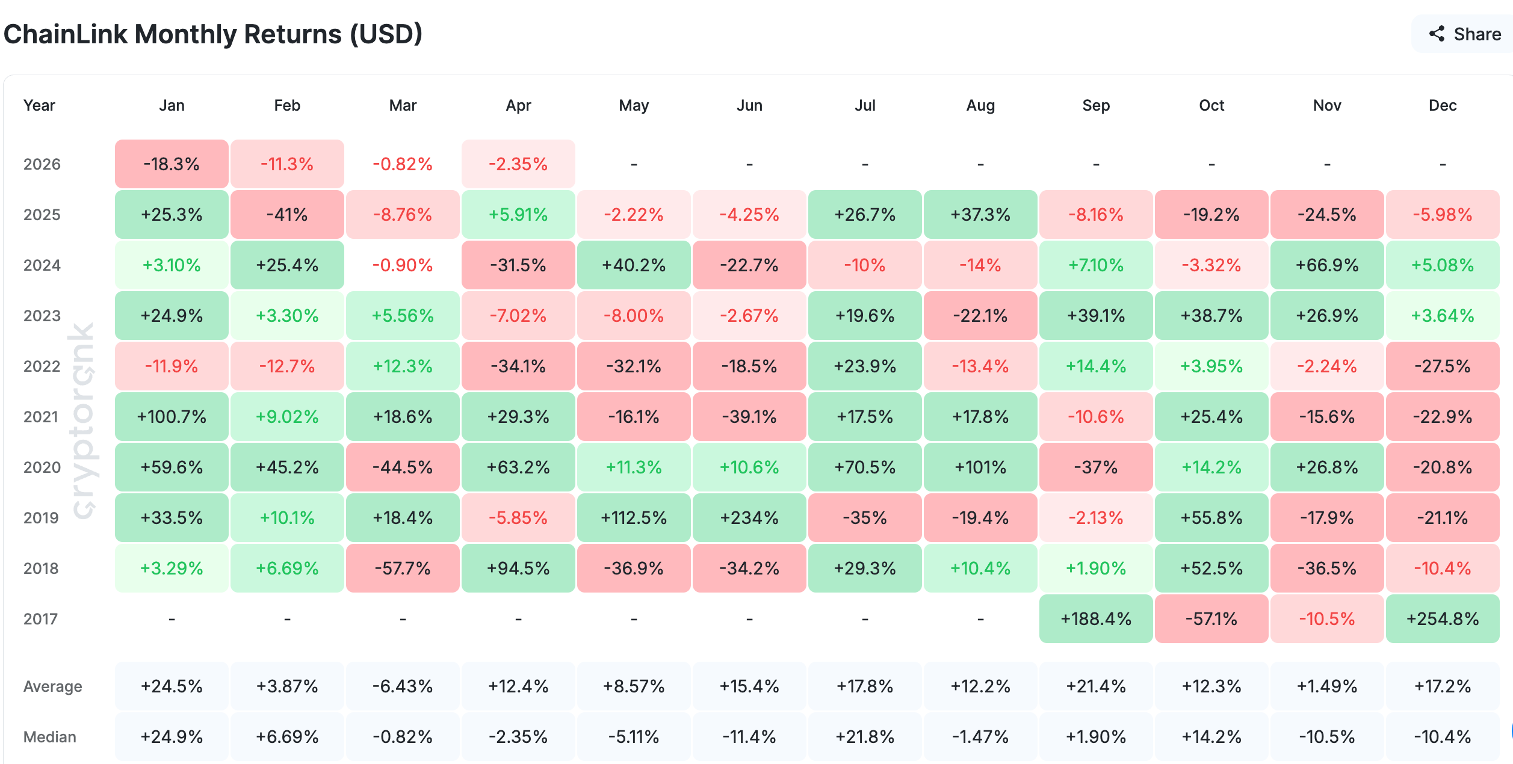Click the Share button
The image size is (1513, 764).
[1465, 34]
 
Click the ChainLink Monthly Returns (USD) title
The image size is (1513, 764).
[213, 34]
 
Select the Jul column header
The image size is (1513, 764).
[865, 105]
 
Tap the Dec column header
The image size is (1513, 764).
[1443, 105]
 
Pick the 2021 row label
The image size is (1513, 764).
[41, 417]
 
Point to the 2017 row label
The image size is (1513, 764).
[41, 619]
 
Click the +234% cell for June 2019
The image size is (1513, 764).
[749, 518]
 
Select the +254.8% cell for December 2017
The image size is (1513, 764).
[1443, 619]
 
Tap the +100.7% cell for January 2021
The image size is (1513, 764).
[172, 417]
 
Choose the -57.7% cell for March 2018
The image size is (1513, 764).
[403, 568]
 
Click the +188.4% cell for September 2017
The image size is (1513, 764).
[1096, 619]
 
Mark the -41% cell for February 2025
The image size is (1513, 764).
[287, 215]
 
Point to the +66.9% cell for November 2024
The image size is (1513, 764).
[1327, 265]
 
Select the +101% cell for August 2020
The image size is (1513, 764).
[980, 467]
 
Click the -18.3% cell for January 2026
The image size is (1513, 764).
[172, 164]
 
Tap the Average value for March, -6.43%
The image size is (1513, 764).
[403, 686]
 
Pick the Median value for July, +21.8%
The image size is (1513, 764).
[865, 737]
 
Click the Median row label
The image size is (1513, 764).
[50, 737]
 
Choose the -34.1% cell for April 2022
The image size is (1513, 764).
[518, 366]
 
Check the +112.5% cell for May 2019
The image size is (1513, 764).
[634, 518]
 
